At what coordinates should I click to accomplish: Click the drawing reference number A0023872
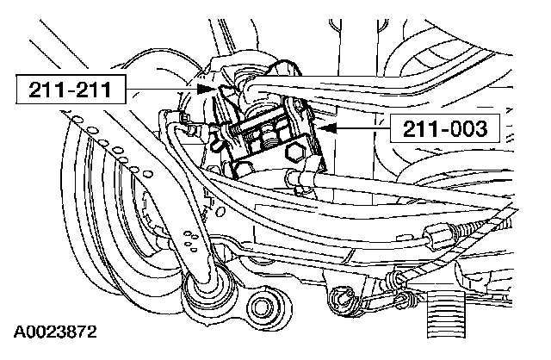pyautogui.click(x=53, y=331)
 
